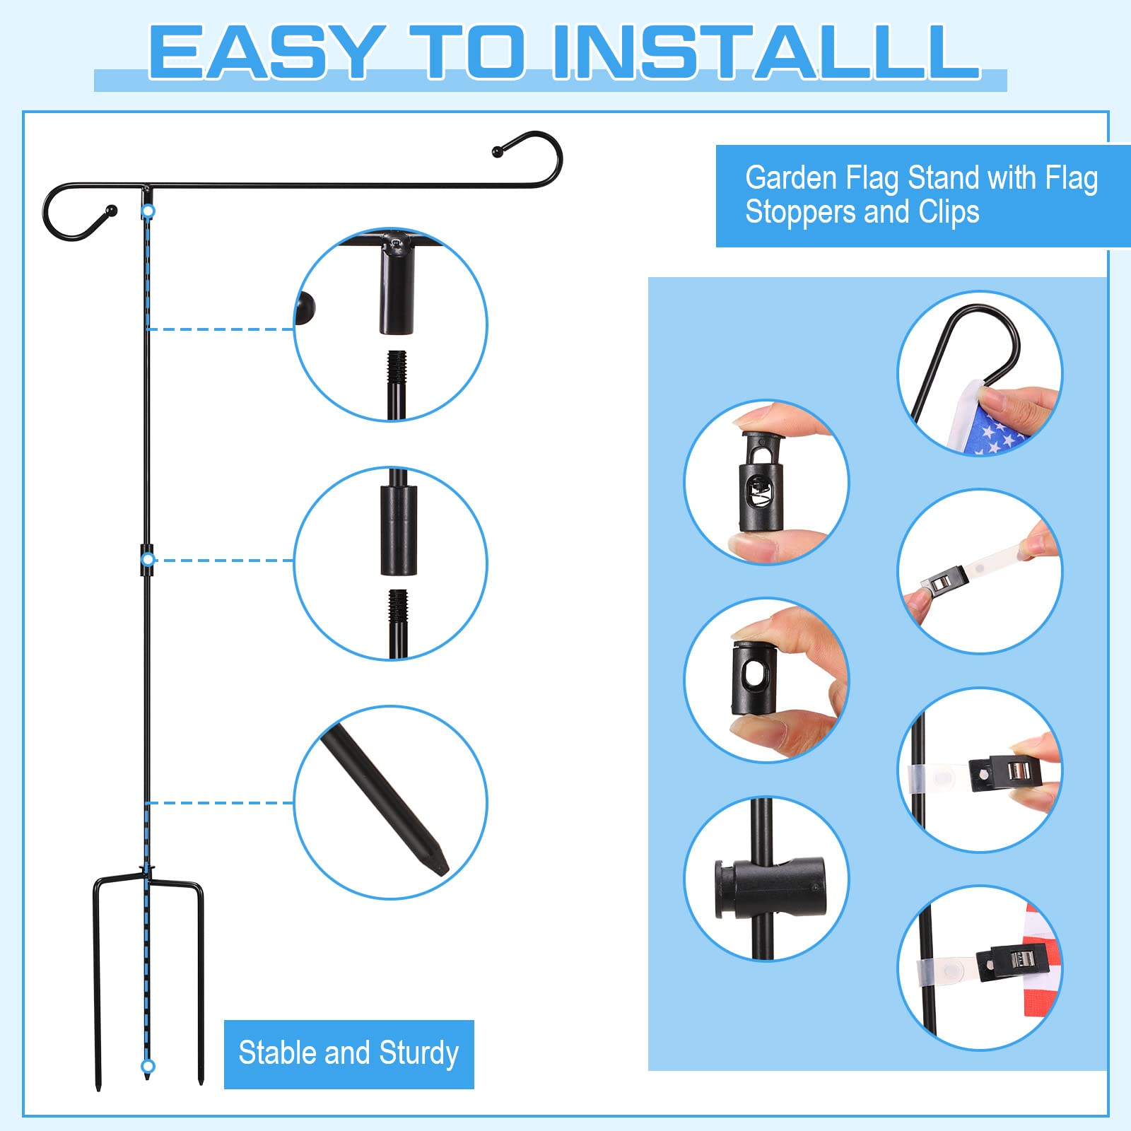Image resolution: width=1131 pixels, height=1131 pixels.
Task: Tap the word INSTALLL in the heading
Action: click(766, 52)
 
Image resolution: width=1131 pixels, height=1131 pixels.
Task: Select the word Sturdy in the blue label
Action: click(419, 1053)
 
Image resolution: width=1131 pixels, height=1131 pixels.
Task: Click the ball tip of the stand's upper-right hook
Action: click(497, 151)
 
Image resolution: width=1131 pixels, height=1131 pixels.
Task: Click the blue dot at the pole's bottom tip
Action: click(148, 1066)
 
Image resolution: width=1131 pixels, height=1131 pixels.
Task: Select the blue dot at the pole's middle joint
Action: click(148, 560)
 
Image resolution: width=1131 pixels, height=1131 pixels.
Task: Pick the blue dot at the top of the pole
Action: click(148, 211)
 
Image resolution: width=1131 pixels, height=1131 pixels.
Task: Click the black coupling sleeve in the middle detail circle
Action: click(399, 530)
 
